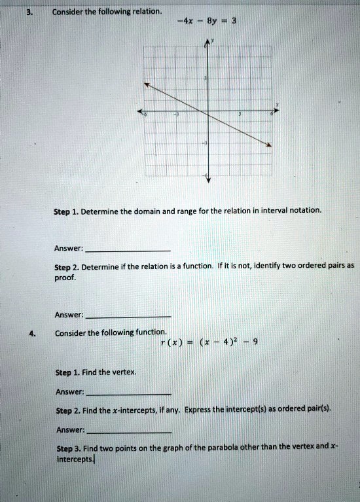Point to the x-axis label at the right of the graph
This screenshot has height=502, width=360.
click(x=276, y=103)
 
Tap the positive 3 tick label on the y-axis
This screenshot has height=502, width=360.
click(x=205, y=79)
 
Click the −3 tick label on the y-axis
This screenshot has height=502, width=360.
click(x=204, y=143)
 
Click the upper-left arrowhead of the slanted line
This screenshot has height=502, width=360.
click(x=147, y=84)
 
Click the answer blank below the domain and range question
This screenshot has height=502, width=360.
click(x=128, y=251)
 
